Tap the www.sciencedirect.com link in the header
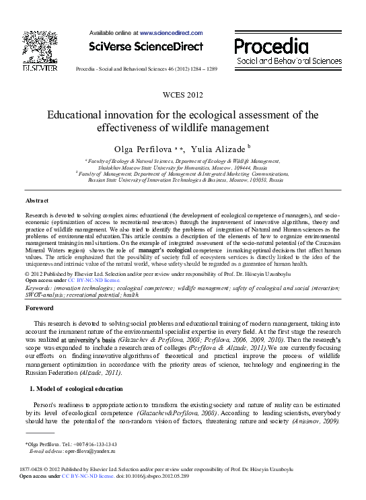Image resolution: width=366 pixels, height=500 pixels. (x=171, y=32)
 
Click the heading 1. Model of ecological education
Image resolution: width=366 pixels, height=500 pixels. (x=66, y=389)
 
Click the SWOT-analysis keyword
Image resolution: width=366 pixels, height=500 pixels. (x=44, y=294)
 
